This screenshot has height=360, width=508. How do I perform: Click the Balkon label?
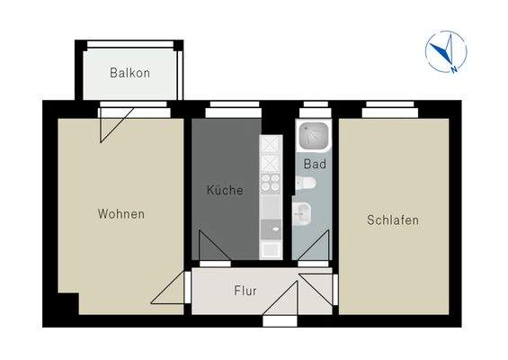pos(129,73)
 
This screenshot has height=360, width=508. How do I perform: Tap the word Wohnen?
pos(121,214)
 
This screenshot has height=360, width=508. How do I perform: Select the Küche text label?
pos(224,191)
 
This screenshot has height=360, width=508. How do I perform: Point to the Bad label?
pos(314,164)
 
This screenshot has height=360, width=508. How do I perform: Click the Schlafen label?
pos(393,220)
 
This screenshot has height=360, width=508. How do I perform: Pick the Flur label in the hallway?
pos(245,292)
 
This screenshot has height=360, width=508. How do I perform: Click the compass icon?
pos(446,51)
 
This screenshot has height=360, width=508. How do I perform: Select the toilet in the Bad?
pos(306,184)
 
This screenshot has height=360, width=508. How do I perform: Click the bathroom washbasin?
pos(304,214)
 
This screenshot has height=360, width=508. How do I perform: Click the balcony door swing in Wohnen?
pos(117,122)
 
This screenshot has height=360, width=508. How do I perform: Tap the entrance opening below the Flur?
pos(275,319)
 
